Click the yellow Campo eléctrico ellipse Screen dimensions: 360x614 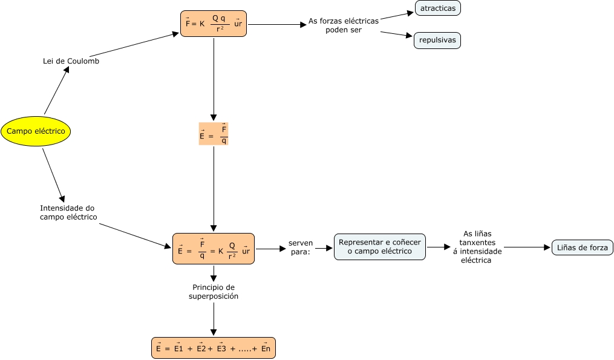pyautogui.click(x=36, y=131)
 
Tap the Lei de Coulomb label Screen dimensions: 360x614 pyautogui.click(x=71, y=61)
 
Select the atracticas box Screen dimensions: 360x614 pyautogui.click(x=438, y=8)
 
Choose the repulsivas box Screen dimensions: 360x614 pyautogui.click(x=437, y=41)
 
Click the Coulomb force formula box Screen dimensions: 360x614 pyautogui.click(x=214, y=24)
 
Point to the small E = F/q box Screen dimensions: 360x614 pyautogui.click(x=214, y=134)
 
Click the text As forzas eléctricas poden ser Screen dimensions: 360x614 pyautogui.click(x=344, y=25)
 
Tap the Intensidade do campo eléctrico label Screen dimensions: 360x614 pyautogui.click(x=68, y=212)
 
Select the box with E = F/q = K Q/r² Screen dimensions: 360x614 pyautogui.click(x=214, y=248)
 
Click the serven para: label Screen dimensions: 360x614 pyautogui.click(x=301, y=247)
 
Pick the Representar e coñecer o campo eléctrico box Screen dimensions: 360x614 pyautogui.click(x=380, y=247)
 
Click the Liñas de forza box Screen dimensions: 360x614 pyautogui.click(x=583, y=247)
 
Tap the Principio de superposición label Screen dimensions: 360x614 pyautogui.click(x=214, y=292)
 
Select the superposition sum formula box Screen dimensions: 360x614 pyautogui.click(x=214, y=348)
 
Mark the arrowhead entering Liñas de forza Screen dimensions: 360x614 pyautogui.click(x=547, y=247)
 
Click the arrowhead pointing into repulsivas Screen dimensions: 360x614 pyautogui.click(x=410, y=37)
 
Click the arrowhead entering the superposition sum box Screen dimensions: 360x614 pyautogui.click(x=214, y=333)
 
